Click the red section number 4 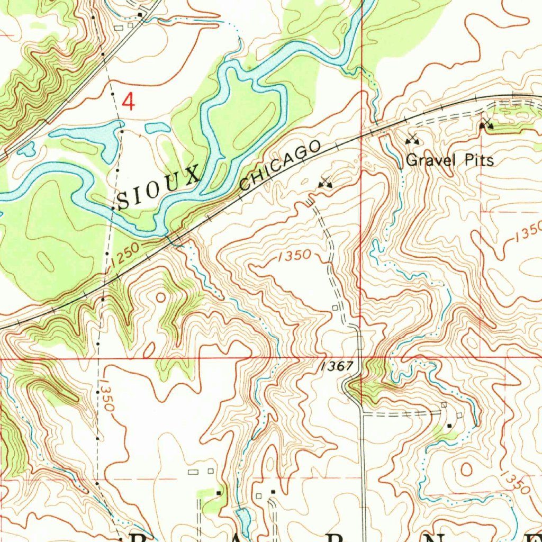coord(129,101)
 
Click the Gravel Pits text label coord(450,160)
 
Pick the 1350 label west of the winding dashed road coord(294,255)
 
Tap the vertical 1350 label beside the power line coord(105,395)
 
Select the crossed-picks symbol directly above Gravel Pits coord(412,140)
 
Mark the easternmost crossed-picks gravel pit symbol coord(486,125)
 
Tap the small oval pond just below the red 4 coord(158,128)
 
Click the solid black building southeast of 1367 coord(449,425)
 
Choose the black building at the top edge coord(140,14)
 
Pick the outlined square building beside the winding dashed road coord(335,308)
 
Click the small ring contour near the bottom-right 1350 coord(467,469)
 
